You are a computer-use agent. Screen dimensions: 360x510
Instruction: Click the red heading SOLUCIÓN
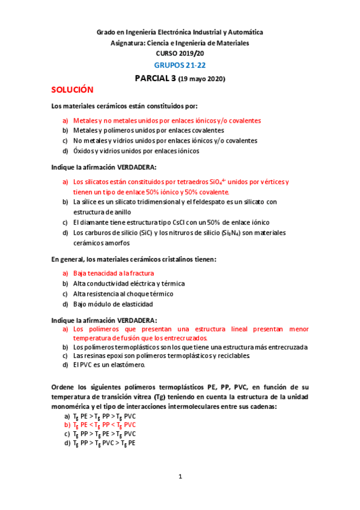click(x=72, y=90)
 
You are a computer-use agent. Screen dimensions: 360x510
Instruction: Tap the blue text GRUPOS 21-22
click(x=180, y=65)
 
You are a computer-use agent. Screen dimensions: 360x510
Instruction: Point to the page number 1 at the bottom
click(x=180, y=477)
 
